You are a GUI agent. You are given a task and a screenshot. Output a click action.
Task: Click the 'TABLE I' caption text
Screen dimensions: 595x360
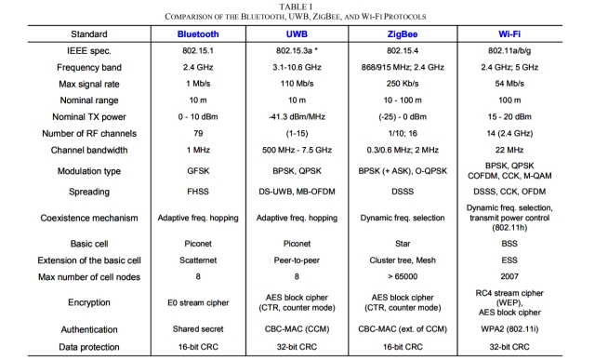pyautogui.click(x=296, y=7)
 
